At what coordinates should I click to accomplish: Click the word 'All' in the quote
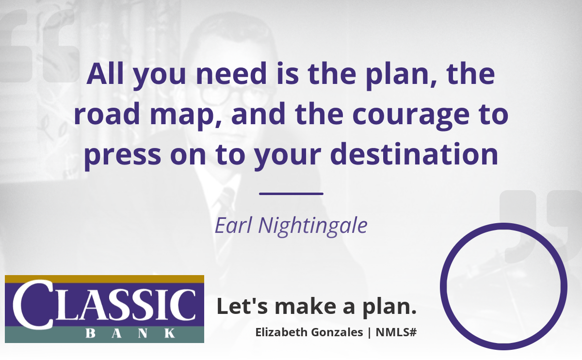[105, 74]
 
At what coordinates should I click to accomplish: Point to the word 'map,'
[186, 116]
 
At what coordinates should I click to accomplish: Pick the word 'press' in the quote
[122, 157]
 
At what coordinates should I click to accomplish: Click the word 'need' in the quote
[231, 74]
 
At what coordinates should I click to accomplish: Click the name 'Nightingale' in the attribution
[313, 226]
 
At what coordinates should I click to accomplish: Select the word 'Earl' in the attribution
[234, 225]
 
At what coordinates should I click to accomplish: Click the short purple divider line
[291, 194]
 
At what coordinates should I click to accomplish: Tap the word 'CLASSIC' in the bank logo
[104, 305]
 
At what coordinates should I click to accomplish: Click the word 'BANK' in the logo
[130, 333]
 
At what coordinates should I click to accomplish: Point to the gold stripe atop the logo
[104, 279]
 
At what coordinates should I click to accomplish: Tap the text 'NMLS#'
[396, 332]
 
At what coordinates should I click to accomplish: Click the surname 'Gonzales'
[337, 332]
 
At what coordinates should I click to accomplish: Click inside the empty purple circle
[503, 286]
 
